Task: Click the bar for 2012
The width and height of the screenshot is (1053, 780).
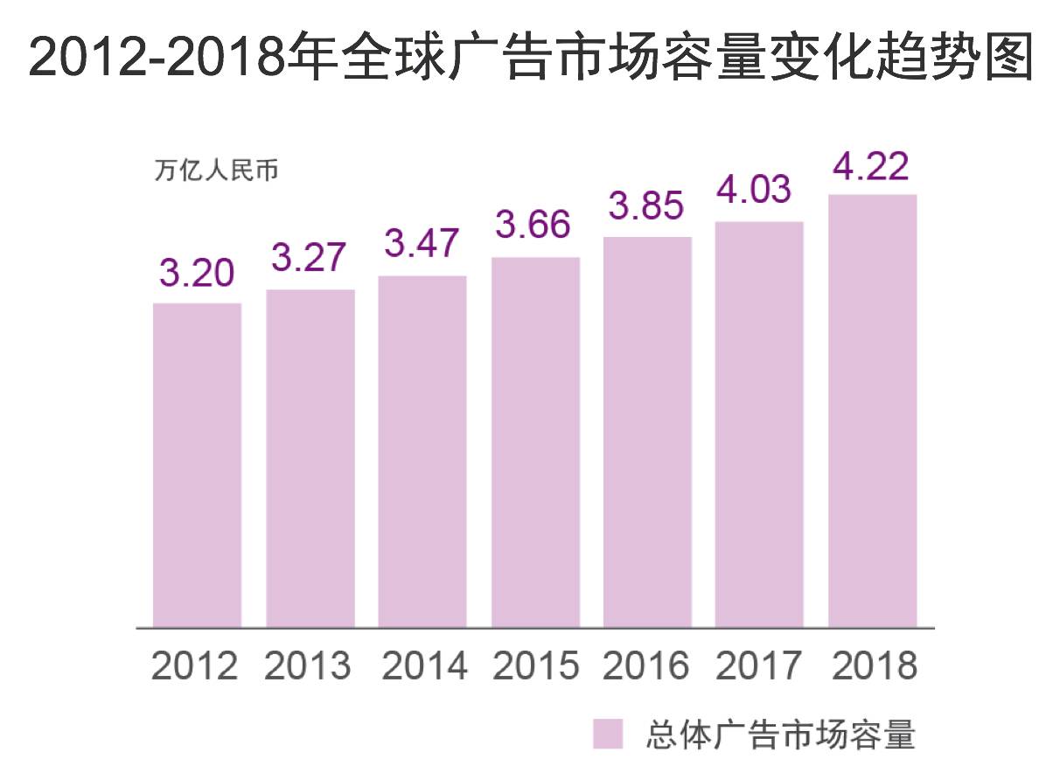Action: (x=197, y=465)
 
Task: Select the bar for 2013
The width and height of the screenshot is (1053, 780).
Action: (x=310, y=458)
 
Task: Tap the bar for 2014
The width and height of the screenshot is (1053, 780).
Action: (x=422, y=451)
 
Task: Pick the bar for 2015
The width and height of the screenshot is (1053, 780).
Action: (x=535, y=442)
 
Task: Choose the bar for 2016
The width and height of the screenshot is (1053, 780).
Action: (x=647, y=432)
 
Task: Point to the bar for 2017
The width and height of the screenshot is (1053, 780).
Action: (x=759, y=424)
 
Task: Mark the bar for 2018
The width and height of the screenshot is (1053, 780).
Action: (x=872, y=411)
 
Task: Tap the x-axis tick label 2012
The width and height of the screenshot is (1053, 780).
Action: (x=194, y=666)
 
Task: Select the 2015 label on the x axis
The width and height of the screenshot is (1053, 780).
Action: (x=535, y=666)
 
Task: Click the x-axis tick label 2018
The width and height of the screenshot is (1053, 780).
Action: (x=874, y=666)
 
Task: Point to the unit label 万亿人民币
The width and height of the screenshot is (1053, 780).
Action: (x=217, y=171)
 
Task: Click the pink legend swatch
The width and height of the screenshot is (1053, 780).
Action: (x=608, y=735)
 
